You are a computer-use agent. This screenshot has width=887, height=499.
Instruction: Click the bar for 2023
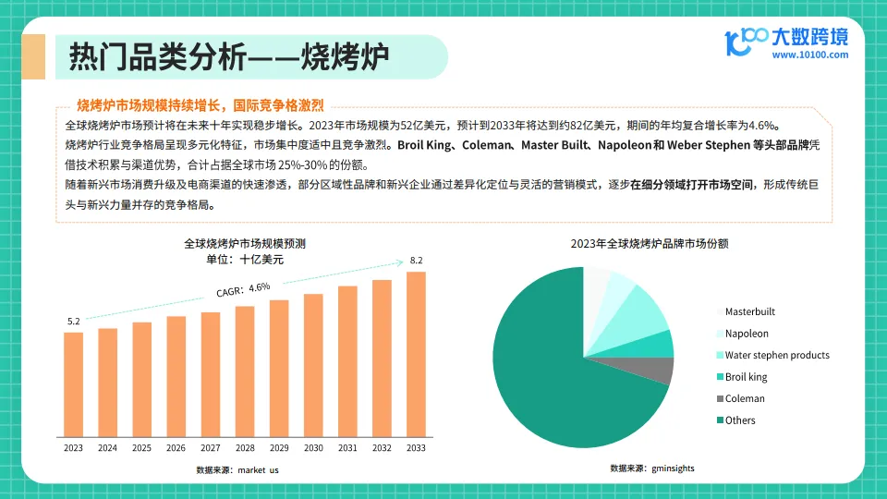click(x=73, y=383)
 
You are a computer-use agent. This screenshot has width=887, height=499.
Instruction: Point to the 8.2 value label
click(x=416, y=261)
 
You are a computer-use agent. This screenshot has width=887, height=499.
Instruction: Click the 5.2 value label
click(x=74, y=321)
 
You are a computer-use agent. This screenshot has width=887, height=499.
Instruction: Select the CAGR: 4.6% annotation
click(x=243, y=288)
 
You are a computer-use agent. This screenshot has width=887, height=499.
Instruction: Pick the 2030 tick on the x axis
click(x=313, y=448)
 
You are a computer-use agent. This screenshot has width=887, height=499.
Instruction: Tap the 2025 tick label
click(x=141, y=448)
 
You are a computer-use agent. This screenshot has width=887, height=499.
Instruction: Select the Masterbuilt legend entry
click(x=749, y=311)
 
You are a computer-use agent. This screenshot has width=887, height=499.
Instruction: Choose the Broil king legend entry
click(x=746, y=377)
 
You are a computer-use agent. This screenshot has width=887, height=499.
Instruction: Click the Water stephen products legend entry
click(x=776, y=355)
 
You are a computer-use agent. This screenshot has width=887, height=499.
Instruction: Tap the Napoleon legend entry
click(x=747, y=334)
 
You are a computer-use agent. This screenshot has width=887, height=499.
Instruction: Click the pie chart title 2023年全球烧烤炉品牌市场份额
click(x=649, y=244)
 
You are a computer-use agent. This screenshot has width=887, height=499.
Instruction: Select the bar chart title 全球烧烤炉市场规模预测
click(x=245, y=244)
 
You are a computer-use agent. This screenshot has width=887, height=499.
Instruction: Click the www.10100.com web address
click(x=809, y=55)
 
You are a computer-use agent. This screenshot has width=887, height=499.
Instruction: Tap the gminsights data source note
click(x=652, y=469)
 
